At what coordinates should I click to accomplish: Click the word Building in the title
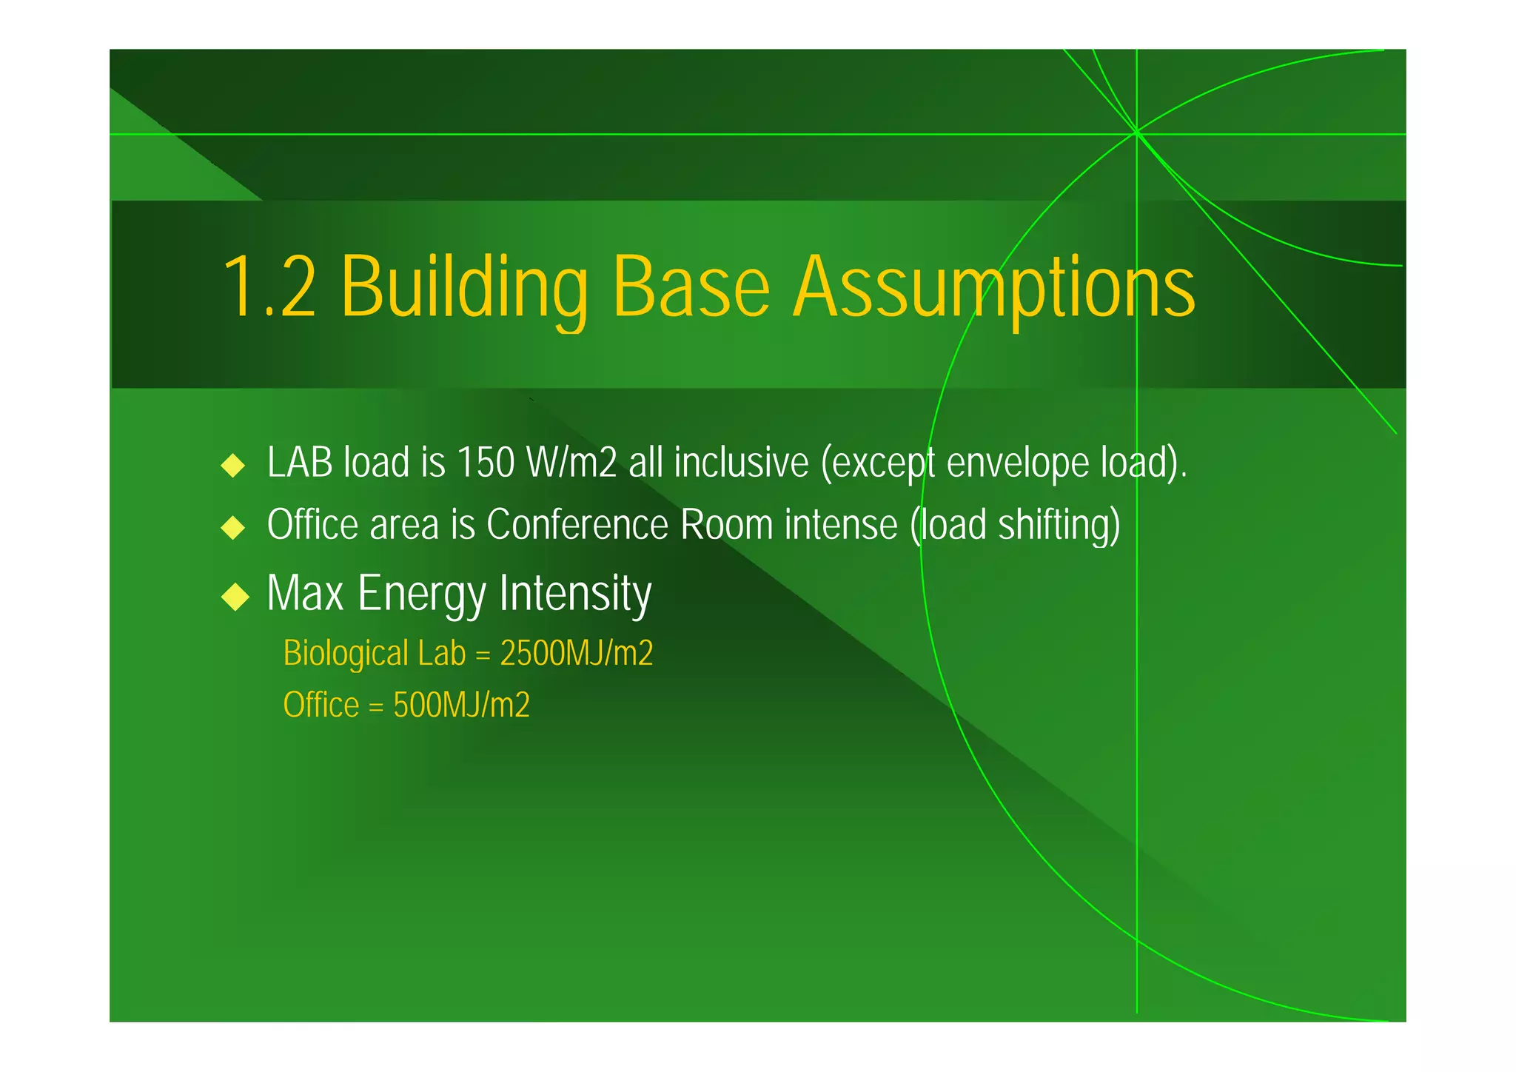463,287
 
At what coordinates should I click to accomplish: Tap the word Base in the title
691,287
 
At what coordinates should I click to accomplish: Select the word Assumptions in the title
993,287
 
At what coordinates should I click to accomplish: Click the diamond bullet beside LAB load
233,466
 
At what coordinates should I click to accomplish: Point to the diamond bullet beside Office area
233,528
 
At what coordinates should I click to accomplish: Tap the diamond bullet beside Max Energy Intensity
235,597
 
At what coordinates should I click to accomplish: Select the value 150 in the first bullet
486,463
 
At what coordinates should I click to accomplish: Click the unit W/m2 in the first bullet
571,463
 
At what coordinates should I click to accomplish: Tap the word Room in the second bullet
727,525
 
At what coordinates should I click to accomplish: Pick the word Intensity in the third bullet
575,593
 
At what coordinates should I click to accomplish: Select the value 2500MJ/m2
577,654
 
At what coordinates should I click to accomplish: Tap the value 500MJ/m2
461,705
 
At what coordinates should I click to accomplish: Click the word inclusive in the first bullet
741,463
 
